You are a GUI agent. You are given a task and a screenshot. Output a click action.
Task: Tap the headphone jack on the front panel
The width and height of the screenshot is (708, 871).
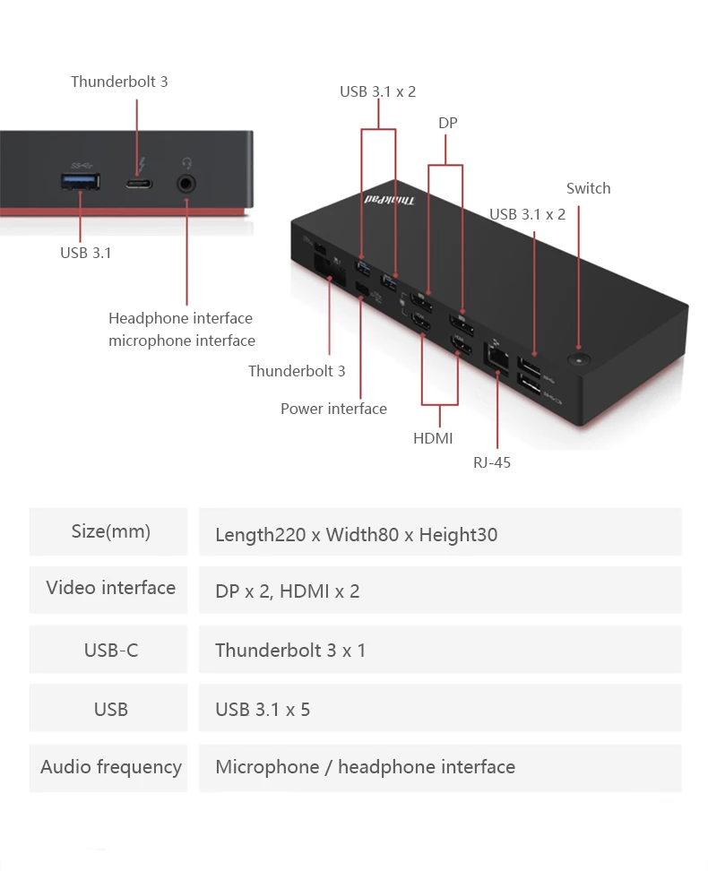coord(187,184)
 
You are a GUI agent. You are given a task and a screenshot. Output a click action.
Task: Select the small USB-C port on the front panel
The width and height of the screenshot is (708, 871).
coord(138,185)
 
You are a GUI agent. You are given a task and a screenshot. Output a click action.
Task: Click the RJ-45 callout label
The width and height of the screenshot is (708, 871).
coord(492,462)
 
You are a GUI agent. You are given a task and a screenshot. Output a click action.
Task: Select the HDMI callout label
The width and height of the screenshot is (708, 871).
coord(433,438)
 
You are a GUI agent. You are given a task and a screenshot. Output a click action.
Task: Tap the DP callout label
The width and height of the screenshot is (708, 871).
coord(448,123)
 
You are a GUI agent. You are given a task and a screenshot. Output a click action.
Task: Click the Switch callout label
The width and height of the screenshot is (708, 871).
coord(588,188)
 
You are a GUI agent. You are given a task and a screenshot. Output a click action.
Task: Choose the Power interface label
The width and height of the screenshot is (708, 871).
coord(333,409)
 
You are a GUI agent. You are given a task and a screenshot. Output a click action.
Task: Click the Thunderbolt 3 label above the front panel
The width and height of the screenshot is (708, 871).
coord(119,82)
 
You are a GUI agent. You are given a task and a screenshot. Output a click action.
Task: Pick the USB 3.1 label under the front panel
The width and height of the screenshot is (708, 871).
coord(86,253)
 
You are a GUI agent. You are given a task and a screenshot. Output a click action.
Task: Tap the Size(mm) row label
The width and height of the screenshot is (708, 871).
coord(110,531)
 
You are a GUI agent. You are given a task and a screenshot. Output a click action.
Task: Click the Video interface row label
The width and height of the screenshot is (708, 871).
coord(110,588)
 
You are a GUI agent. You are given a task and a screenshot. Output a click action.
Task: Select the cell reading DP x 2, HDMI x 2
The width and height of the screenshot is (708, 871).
coord(288,591)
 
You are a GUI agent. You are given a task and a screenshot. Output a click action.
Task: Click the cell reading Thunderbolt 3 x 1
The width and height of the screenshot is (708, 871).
coord(290,651)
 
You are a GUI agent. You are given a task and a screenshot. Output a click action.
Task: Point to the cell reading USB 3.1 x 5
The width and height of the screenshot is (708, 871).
coord(263,710)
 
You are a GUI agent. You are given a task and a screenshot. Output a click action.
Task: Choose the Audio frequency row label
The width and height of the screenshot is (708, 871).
coord(110,767)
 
